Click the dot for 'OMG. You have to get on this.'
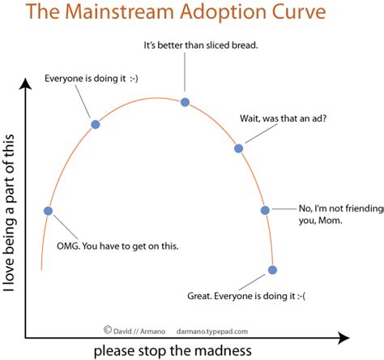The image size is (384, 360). (48, 211)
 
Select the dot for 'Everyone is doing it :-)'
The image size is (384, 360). (96, 124)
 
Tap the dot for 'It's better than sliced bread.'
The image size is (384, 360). (185, 102)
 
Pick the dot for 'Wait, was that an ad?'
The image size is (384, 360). (238, 148)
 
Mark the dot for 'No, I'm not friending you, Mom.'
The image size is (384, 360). (265, 210)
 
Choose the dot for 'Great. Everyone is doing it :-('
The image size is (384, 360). (272, 270)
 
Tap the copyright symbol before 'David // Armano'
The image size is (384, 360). (107, 329)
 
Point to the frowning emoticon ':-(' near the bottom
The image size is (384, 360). (307, 297)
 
